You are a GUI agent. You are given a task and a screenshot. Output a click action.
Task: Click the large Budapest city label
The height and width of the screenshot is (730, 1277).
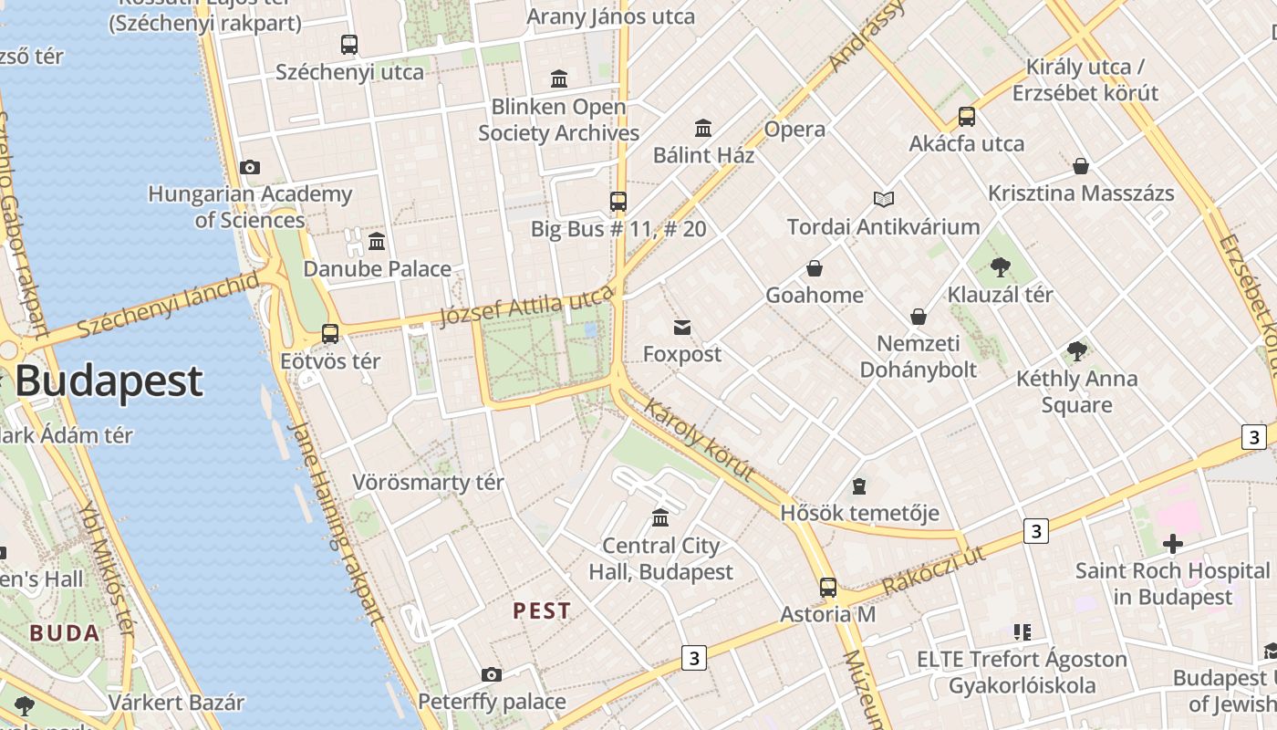(x=109, y=381)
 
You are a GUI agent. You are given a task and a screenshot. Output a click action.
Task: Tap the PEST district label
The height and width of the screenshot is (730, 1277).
(x=542, y=610)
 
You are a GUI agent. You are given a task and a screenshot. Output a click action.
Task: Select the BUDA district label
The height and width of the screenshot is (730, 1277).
(x=64, y=632)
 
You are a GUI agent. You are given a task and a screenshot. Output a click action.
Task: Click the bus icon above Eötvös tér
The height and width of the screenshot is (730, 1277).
(x=330, y=334)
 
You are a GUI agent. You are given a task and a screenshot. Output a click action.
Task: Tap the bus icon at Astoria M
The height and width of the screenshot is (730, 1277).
(x=827, y=588)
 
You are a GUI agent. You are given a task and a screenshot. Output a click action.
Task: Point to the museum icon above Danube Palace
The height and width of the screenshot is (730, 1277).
(x=377, y=242)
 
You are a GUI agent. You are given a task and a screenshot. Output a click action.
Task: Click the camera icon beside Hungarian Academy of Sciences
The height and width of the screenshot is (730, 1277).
(x=250, y=167)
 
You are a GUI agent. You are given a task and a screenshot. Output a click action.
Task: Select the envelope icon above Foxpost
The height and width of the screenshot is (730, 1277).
(x=682, y=328)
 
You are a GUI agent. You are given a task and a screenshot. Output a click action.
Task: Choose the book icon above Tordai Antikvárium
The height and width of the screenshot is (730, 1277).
(x=883, y=199)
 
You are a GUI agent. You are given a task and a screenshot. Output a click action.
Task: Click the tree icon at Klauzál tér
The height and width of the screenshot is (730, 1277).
(x=1001, y=267)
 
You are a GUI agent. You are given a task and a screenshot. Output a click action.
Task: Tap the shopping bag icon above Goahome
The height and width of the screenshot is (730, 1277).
(x=815, y=268)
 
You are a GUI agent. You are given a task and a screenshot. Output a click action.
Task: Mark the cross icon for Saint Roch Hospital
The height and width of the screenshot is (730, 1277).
(x=1173, y=545)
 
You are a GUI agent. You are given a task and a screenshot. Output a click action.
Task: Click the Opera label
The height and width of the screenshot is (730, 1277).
(x=794, y=129)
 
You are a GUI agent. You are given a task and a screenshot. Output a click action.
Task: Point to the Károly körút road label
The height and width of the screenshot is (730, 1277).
(x=699, y=440)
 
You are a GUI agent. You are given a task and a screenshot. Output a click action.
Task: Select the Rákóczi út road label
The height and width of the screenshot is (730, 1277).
(x=934, y=570)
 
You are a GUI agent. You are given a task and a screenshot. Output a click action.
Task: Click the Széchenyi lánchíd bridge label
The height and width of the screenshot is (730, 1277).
(x=168, y=305)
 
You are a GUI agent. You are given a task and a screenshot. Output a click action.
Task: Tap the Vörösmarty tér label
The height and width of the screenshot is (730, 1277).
(x=428, y=482)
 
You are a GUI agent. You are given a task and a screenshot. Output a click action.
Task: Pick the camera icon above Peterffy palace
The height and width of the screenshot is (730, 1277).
(x=492, y=675)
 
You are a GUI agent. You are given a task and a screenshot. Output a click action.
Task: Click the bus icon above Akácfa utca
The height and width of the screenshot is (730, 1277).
(x=967, y=117)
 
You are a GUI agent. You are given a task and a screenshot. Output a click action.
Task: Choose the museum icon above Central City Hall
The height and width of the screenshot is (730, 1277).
(x=660, y=519)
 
